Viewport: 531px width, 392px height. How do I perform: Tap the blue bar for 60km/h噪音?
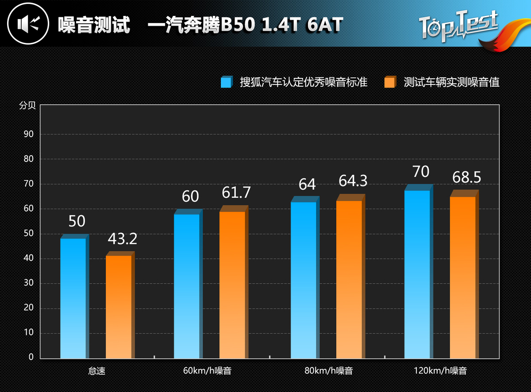point(187,286)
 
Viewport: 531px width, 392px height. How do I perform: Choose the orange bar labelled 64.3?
point(349,279)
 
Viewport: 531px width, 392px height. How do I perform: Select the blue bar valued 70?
point(417,274)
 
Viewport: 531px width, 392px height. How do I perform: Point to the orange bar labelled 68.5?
point(463,277)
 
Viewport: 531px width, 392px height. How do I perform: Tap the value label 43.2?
point(123,239)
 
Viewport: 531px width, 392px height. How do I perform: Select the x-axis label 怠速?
point(97,371)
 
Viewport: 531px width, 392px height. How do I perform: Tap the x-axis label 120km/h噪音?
point(440,371)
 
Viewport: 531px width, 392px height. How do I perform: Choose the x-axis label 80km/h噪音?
point(328,371)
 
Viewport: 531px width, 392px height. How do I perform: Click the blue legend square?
point(226,82)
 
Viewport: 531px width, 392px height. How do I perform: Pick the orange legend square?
point(390,82)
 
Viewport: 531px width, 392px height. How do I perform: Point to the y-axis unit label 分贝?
point(27,106)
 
